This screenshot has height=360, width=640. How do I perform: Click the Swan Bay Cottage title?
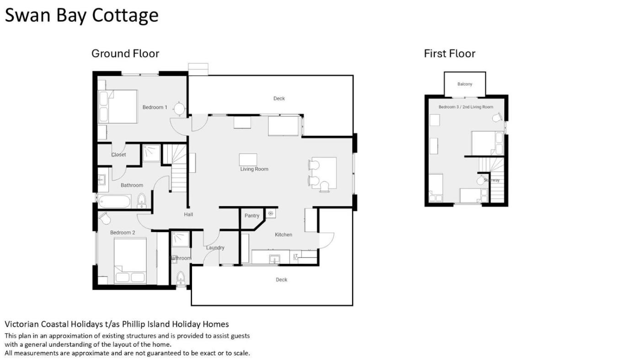(82, 16)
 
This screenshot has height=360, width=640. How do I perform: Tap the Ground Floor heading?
(125, 53)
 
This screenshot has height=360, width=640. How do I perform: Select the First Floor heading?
(449, 53)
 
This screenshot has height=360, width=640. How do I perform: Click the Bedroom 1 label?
(155, 107)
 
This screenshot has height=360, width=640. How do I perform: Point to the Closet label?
(118, 154)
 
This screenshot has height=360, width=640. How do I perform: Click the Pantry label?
(252, 216)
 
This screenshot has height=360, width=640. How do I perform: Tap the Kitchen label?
(283, 234)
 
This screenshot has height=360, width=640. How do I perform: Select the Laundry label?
(215, 248)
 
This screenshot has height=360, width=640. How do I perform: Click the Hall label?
(188, 214)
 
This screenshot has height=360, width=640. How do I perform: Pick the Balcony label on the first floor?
(465, 84)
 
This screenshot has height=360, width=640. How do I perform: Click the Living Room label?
(254, 169)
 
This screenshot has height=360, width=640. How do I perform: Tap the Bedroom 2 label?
(123, 233)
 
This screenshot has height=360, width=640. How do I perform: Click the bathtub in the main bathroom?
(115, 201)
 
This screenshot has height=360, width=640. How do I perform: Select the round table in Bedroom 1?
(179, 109)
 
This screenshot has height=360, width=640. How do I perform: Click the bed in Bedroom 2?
(130, 261)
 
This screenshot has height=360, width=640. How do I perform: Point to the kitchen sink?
(275, 259)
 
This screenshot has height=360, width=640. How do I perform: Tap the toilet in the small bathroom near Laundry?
(180, 278)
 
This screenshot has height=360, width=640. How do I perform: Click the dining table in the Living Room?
(324, 173)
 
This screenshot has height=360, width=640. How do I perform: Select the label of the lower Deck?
(282, 280)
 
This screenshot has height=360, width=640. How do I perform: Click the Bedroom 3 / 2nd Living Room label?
(466, 107)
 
